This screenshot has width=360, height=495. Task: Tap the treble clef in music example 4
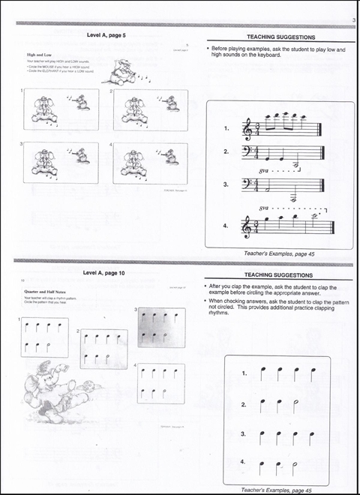tap(247, 224)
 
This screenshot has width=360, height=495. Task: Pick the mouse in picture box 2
tap(172, 101)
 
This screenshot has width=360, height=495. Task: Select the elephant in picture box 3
tap(42, 162)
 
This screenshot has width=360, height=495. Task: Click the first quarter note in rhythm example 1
tap(262, 373)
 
